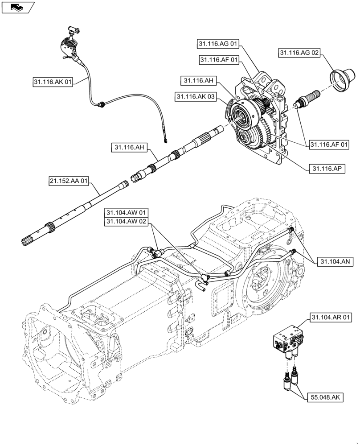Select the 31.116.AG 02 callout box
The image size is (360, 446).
299,53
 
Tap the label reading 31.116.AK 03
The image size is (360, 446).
194,96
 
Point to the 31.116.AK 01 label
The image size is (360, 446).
53,82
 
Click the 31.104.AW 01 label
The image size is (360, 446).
126,213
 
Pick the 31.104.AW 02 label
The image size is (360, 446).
126,222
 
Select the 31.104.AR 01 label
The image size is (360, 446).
331,318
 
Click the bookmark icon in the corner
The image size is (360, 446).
17,7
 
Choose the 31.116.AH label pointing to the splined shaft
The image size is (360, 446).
129,147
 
